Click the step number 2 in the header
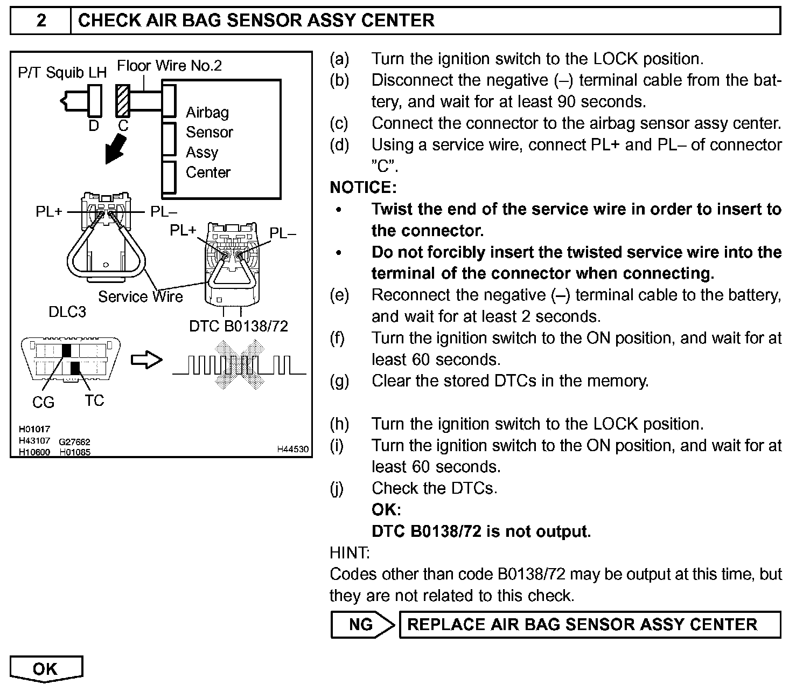pyautogui.click(x=41, y=21)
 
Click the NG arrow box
pyautogui.click(x=362, y=625)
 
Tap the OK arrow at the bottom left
pyautogui.click(x=46, y=669)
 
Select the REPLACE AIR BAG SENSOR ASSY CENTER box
pyautogui.click(x=589, y=625)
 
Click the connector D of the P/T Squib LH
pyautogui.click(x=94, y=100)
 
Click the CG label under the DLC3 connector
pyautogui.click(x=43, y=402)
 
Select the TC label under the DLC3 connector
pyautogui.click(x=94, y=400)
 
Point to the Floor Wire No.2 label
pyautogui.click(x=169, y=66)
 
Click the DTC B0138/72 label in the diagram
pyautogui.click(x=238, y=326)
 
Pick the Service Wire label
pyautogui.click(x=140, y=297)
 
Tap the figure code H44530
pyautogui.click(x=293, y=449)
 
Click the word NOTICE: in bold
pyautogui.click(x=362, y=188)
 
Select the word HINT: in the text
pyautogui.click(x=350, y=553)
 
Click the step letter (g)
pyautogui.click(x=339, y=381)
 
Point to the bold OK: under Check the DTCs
pyautogui.click(x=386, y=510)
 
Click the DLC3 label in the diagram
pyautogui.click(x=67, y=312)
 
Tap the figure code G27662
pyautogui.click(x=74, y=442)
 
